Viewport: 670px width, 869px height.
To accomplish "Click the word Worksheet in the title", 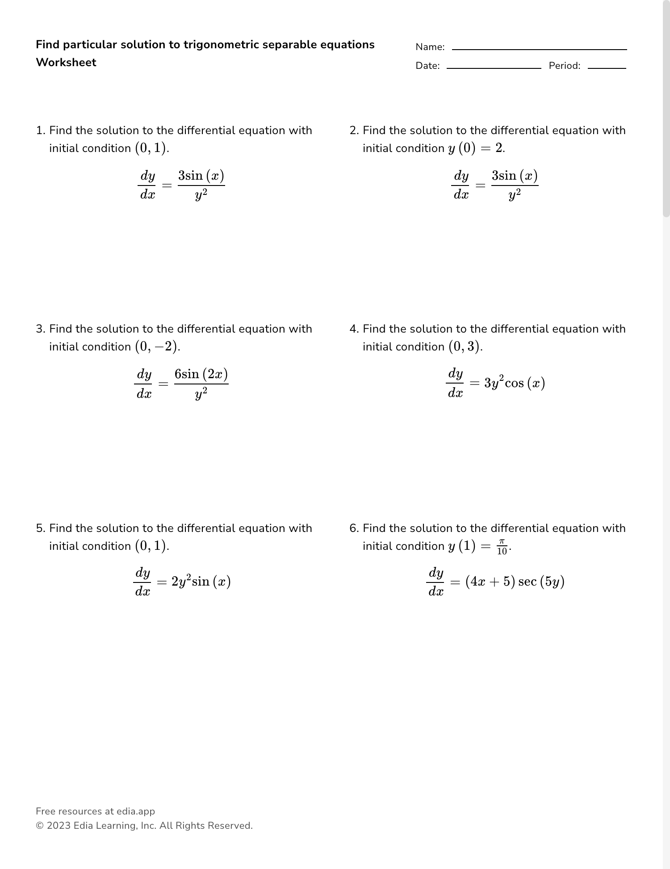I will coord(66,63).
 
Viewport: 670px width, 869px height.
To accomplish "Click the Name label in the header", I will coord(430,47).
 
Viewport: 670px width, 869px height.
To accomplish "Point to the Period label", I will coord(564,66).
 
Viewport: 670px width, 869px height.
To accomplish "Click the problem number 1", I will coord(40,131).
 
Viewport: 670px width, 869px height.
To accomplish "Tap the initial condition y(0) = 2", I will coord(476,148).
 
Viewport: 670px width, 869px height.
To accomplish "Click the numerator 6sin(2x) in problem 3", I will coord(201,374).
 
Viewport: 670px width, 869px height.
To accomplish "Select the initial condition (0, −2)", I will coord(156,347).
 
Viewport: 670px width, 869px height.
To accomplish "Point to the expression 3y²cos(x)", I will coord(515,383).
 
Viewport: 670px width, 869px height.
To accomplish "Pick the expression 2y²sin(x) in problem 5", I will coord(201,582).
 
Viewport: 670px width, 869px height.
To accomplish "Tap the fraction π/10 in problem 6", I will coord(502,547).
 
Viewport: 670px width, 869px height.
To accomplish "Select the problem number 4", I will coord(354,329).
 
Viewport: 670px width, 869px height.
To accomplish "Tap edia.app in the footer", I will coord(136,811).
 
